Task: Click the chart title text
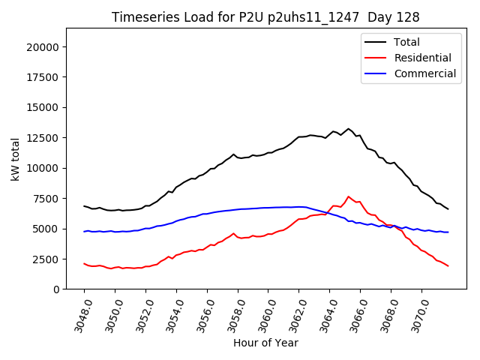tap(265, 16)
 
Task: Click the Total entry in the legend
tap(406, 42)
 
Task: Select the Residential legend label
tap(422, 58)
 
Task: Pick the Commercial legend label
tap(424, 73)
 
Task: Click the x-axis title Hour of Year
tap(265, 343)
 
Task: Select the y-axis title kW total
tap(16, 159)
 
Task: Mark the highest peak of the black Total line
tap(348, 129)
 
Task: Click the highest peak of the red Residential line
tap(348, 196)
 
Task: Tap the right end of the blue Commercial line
tap(448, 232)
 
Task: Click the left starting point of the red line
tap(84, 263)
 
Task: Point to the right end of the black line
tap(448, 209)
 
